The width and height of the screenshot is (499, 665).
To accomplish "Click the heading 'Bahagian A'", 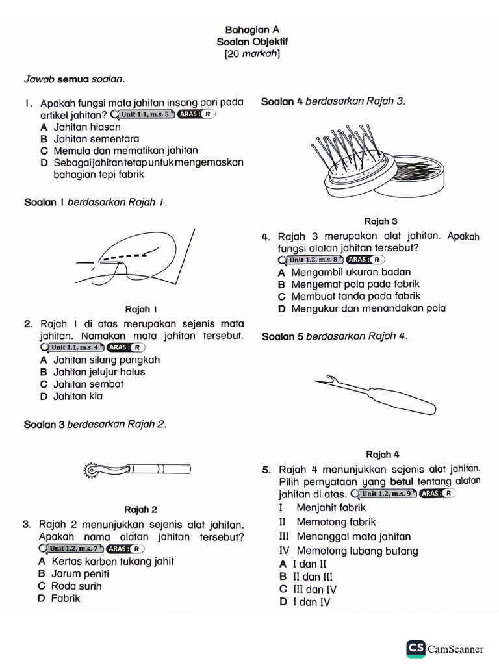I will pos(252,30).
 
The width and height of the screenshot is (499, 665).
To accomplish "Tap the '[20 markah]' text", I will pos(252,54).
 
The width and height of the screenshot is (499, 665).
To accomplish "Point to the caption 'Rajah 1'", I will pos(141,309).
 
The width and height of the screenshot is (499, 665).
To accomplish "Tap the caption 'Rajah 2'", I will pos(140,510).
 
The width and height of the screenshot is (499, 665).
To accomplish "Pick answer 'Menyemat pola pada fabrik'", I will pos(355,284).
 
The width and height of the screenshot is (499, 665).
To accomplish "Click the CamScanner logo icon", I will pos(416,648).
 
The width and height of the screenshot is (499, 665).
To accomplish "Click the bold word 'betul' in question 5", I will pos(402,481).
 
